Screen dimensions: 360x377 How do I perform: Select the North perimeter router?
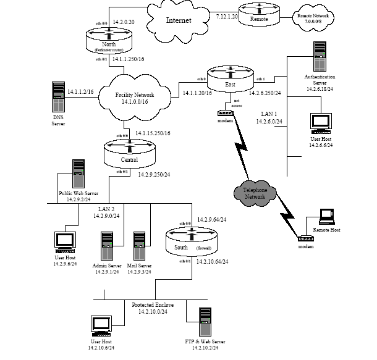(109, 40)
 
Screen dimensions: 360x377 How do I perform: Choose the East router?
(230, 78)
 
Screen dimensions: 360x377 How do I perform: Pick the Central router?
(129, 151)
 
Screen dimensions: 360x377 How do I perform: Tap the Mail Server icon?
(140, 246)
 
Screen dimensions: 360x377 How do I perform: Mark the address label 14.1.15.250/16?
(153, 133)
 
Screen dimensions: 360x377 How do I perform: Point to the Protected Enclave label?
(153, 305)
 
